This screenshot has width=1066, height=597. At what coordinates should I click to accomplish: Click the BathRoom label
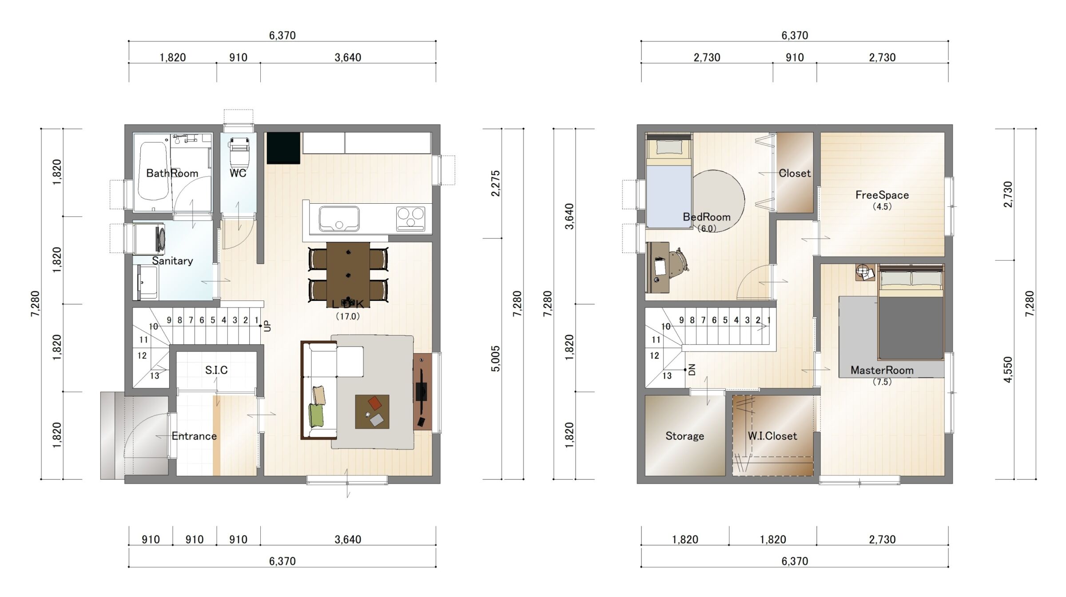click(172, 173)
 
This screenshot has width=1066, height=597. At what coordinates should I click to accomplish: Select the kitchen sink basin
click(338, 218)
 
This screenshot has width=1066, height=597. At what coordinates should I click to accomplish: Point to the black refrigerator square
click(283, 148)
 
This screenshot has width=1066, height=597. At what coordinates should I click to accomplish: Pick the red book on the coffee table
click(375, 403)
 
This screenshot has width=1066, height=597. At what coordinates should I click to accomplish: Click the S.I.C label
click(216, 370)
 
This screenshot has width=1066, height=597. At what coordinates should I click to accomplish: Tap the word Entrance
click(194, 436)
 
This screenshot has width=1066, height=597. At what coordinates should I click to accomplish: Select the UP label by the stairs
click(267, 326)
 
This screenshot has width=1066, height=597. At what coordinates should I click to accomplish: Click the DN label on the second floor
click(692, 370)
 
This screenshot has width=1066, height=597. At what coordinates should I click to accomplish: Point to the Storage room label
click(684, 436)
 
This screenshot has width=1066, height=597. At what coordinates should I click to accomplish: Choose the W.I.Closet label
click(772, 436)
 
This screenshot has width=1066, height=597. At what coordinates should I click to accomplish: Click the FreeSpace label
click(882, 195)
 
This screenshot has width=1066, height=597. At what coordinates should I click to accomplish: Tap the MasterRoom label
click(882, 370)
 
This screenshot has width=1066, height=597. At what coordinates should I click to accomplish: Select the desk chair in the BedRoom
click(678, 265)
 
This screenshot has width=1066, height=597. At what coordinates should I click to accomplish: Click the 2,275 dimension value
click(496, 183)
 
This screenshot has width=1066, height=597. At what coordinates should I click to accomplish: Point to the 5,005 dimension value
click(496, 359)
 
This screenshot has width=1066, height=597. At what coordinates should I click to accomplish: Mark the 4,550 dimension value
click(1008, 369)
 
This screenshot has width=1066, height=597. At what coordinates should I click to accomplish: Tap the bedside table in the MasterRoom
click(865, 272)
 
